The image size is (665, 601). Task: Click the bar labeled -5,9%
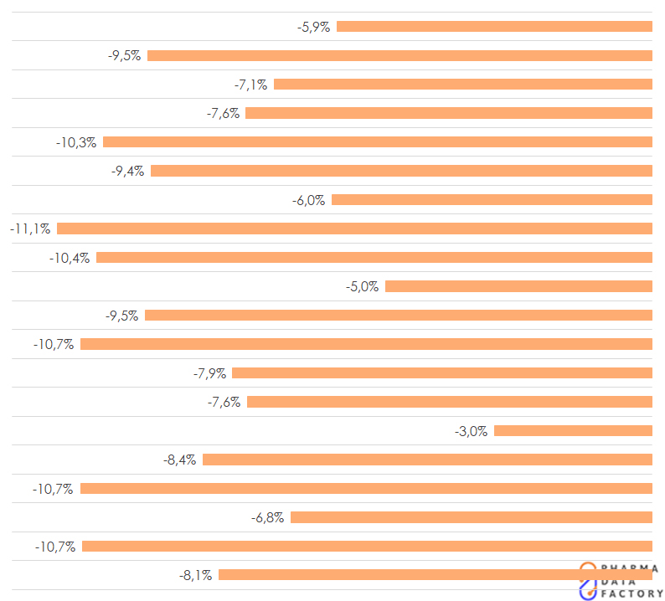pos(494,27)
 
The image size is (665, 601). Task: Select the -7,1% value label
pos(251,85)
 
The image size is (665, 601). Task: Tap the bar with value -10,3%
pos(377,142)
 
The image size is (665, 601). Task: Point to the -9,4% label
pos(127,171)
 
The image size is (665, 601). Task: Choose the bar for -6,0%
pos(492,200)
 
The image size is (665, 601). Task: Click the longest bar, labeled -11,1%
pos(354,229)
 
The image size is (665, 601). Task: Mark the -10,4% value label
pos(70,258)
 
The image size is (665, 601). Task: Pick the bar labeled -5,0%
pos(518,286)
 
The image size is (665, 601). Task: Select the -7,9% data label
pos(209,373)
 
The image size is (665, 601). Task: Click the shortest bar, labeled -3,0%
pos(573,431)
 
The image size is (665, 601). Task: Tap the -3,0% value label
pos(471,431)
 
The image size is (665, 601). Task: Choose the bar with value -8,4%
pos(427,460)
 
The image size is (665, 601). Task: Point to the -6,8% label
pos(267,518)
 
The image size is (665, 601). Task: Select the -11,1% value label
pos(30,229)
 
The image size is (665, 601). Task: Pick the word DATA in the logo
pos(620,581)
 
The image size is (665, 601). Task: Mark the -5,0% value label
pos(362,286)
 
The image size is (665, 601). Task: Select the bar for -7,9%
pos(442,373)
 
